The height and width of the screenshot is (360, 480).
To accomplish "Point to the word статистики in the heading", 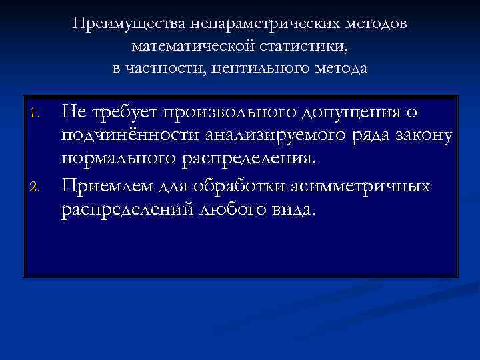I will (299, 46).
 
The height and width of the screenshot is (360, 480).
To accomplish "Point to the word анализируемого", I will (263, 136).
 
